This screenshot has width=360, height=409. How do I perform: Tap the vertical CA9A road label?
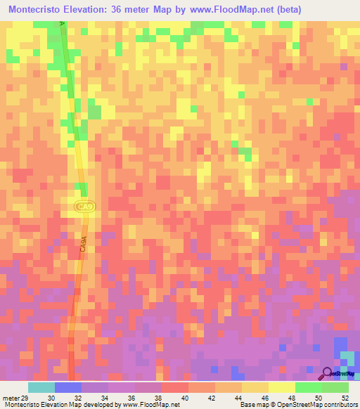(83, 246)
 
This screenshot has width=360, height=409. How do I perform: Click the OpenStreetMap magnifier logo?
(328, 374)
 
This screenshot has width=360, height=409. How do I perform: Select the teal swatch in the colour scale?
(41, 387)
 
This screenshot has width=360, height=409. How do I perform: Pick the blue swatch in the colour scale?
(68, 387)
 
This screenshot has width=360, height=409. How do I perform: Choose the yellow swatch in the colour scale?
(282, 387)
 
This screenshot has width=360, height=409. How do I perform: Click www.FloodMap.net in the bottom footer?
(150, 405)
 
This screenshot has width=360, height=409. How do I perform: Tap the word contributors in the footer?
(340, 405)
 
